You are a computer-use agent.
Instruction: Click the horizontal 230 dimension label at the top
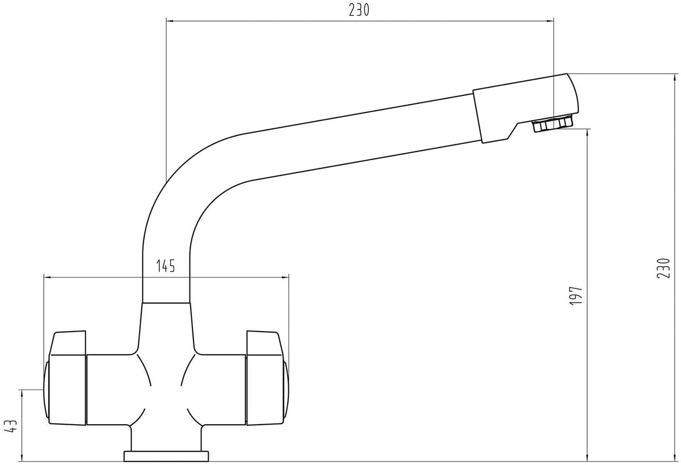click(x=359, y=10)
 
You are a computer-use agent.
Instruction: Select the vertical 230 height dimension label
click(x=663, y=267)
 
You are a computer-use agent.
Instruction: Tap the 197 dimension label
click(x=575, y=296)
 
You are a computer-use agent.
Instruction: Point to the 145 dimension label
click(x=166, y=266)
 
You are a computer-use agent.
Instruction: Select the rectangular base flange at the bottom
click(x=166, y=456)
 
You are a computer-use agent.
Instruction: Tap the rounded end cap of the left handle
click(x=46, y=391)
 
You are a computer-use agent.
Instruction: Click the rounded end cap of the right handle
click(x=286, y=391)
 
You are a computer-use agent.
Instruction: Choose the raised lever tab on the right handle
click(x=264, y=343)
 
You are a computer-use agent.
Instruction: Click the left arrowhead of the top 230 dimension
click(x=170, y=21)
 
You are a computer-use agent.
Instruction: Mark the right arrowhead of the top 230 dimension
click(x=550, y=21)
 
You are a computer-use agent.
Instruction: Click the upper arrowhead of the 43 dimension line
click(x=22, y=393)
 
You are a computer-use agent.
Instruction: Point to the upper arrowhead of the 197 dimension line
click(x=587, y=133)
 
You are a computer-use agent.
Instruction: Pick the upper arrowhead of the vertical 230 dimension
click(x=674, y=77)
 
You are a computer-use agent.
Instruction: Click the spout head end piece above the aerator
click(x=525, y=108)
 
